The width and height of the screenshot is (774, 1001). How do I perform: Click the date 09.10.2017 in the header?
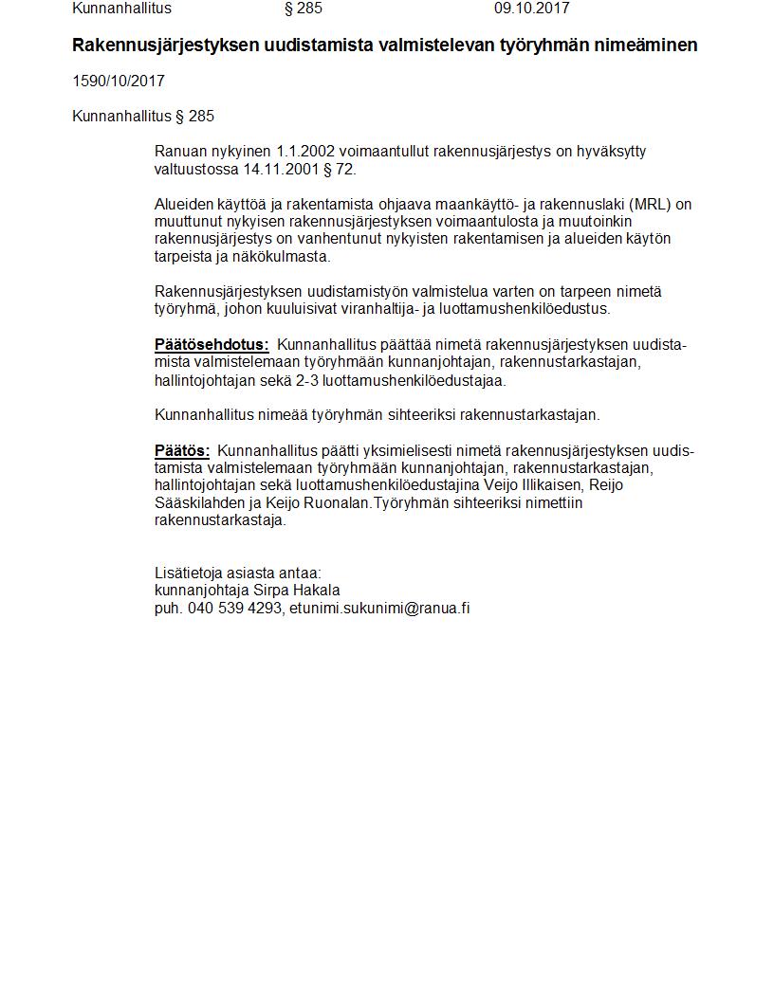tap(531, 9)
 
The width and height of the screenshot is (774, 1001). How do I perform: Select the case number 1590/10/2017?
tap(119, 82)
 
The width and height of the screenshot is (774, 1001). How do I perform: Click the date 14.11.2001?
tap(280, 170)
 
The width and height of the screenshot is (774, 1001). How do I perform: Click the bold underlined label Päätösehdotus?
tap(212, 345)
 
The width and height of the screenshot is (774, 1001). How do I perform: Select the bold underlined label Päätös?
tap(182, 450)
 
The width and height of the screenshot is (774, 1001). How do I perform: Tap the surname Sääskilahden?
tap(197, 503)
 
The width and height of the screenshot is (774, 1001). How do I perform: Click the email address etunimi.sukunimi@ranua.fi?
tap(379, 609)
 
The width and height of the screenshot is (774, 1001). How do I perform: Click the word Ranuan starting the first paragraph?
tap(177, 152)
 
